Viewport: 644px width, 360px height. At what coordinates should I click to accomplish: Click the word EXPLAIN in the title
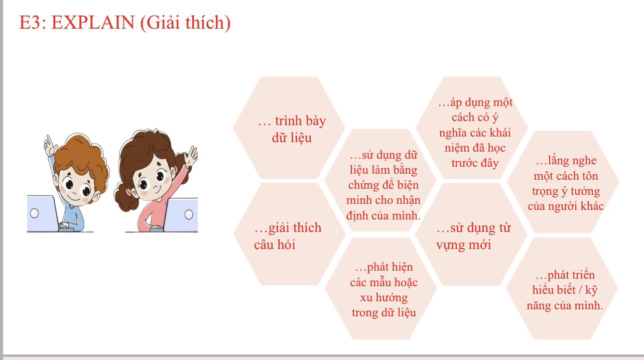click(x=93, y=23)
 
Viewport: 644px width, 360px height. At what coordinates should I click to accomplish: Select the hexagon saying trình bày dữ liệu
click(x=289, y=128)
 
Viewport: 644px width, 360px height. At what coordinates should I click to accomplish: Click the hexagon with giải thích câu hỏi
click(x=289, y=234)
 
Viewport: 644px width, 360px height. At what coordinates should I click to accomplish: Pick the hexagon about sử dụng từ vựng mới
click(x=471, y=234)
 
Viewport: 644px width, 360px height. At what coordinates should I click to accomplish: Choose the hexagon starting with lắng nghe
click(x=563, y=182)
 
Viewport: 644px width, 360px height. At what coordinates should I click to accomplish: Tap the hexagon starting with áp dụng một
click(x=472, y=128)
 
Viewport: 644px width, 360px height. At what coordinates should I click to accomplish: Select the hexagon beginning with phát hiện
click(x=381, y=288)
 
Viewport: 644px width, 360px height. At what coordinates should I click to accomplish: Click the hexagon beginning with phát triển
click(x=562, y=288)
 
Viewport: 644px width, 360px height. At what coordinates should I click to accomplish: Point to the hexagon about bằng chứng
click(x=380, y=180)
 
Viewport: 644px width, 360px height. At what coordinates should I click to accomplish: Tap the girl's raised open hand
click(x=191, y=156)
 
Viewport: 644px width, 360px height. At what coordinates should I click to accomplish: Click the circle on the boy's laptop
click(x=34, y=213)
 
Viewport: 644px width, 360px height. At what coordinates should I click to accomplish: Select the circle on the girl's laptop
click(x=189, y=214)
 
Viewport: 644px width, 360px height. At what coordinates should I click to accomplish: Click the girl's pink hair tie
click(x=128, y=191)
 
